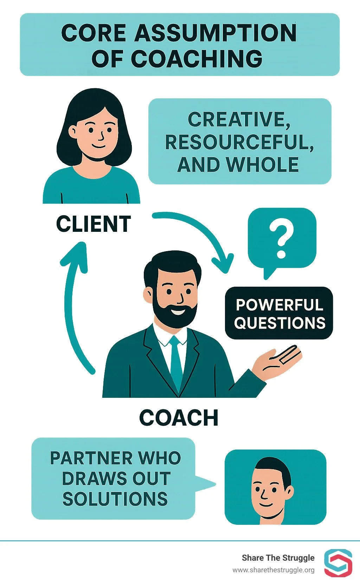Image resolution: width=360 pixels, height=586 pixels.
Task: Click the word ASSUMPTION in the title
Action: (x=216, y=33)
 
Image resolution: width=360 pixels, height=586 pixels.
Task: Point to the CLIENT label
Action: (x=94, y=224)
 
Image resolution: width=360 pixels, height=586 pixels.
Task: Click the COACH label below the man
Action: (x=179, y=418)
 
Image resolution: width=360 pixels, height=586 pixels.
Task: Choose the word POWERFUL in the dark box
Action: (x=279, y=305)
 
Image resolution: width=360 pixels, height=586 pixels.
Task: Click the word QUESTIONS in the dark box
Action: (x=279, y=323)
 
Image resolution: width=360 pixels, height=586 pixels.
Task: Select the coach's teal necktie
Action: (x=175, y=362)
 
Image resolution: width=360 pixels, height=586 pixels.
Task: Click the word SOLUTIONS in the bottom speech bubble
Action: (x=115, y=499)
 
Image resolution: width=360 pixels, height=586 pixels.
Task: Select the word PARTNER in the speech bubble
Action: (x=90, y=458)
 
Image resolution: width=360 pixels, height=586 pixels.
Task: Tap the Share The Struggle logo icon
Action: (x=338, y=563)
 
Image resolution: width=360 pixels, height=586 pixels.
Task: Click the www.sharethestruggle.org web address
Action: (x=273, y=570)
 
